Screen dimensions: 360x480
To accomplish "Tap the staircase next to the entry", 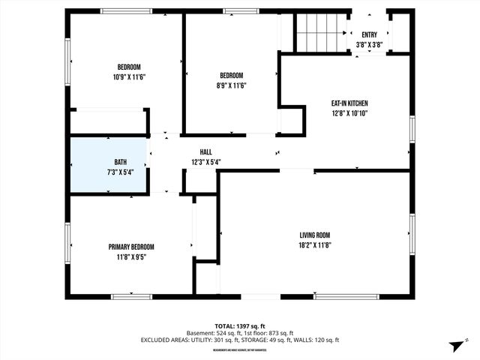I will click(x=319, y=32).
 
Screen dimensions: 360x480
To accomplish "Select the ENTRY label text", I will click(x=369, y=34).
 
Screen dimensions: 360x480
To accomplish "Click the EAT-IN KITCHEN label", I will click(x=349, y=103).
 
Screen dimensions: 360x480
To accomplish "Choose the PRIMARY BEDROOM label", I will click(x=131, y=247).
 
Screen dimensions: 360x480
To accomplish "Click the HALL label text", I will click(x=205, y=151).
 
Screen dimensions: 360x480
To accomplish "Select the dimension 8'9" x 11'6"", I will click(x=231, y=85).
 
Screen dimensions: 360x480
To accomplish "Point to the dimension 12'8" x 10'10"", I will click(x=349, y=113).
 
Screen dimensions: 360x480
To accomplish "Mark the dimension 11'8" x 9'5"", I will click(x=131, y=256).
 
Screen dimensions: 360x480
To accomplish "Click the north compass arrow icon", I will click(x=454, y=346).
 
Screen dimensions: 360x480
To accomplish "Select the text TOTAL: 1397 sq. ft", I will click(x=239, y=326).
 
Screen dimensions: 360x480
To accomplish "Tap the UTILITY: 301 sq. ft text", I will click(x=210, y=340).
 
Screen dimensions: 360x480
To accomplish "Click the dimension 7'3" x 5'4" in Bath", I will click(x=120, y=172).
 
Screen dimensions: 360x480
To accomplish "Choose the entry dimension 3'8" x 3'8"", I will click(x=369, y=44).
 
